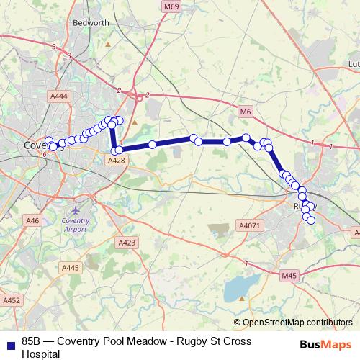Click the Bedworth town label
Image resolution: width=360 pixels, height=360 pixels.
[x=91, y=23]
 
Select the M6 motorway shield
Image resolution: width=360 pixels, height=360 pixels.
[x=246, y=112]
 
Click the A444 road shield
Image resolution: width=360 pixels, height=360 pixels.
[x=60, y=95]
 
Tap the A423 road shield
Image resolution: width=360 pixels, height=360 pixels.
[x=127, y=243]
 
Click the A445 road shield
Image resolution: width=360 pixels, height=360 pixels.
[x=70, y=268]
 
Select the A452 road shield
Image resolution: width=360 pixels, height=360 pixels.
[x=12, y=300]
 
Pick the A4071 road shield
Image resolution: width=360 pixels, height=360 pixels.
[x=248, y=225]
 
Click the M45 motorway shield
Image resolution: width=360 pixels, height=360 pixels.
[x=289, y=275]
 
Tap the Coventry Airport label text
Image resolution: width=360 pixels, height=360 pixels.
[x=76, y=224]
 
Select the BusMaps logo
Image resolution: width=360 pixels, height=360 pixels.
[x=326, y=343]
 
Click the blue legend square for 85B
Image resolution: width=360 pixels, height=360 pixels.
[x=9, y=343]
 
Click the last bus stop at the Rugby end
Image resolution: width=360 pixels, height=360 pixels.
[x=311, y=220]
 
